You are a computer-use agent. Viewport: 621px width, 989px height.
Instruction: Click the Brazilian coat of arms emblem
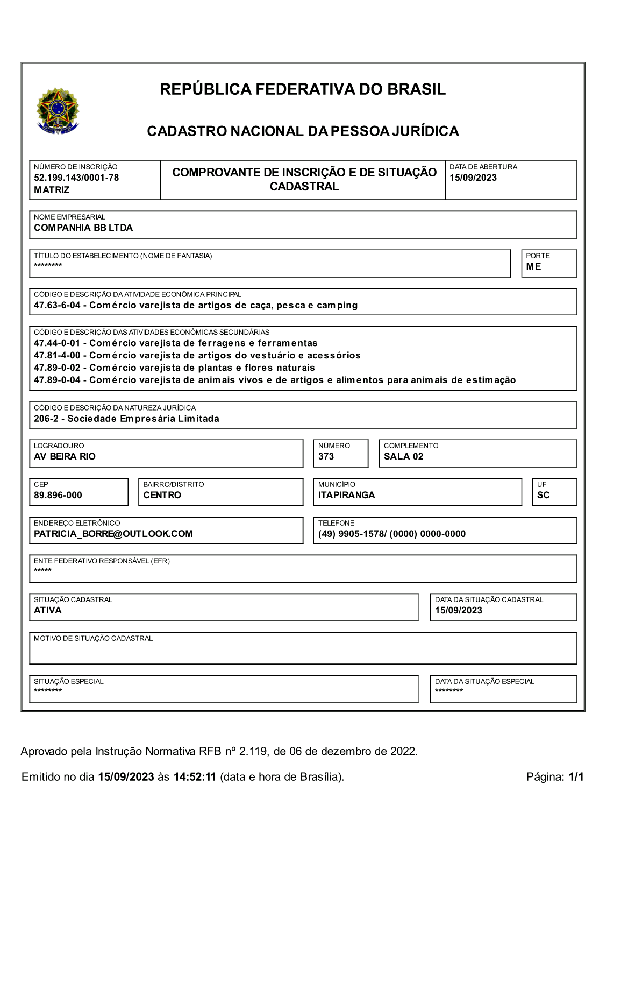coord(58,111)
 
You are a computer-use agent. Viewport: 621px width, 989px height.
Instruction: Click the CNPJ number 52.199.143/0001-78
coord(76,178)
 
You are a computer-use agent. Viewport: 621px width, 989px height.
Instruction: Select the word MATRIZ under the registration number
coord(52,190)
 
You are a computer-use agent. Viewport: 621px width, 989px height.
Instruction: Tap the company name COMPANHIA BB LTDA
coord(83,228)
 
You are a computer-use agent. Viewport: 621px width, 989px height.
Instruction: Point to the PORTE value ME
coord(533,267)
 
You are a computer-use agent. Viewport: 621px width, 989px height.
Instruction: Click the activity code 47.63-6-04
coord(57,306)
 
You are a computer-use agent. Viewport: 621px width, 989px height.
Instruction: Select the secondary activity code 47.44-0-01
coord(57,343)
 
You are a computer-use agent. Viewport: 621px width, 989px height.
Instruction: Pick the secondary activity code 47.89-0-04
coord(57,380)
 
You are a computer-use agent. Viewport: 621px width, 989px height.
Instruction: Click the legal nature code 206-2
coord(46,419)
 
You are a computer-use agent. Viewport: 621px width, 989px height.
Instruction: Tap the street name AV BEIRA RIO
coord(65,457)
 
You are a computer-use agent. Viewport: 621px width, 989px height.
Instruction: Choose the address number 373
coord(326,457)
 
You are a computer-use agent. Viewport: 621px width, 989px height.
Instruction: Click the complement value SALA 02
coord(403,457)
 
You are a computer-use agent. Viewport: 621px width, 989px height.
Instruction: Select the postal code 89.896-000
coord(58,496)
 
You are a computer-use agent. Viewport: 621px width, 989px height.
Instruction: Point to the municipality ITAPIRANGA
coord(346,496)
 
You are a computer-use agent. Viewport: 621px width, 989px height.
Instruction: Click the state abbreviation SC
coord(543,496)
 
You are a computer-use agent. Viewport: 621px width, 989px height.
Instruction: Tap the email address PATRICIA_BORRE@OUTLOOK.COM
coord(113,534)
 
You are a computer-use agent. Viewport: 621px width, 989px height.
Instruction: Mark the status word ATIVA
coord(48,611)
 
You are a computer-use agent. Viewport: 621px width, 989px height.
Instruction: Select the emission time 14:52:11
coord(195,777)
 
